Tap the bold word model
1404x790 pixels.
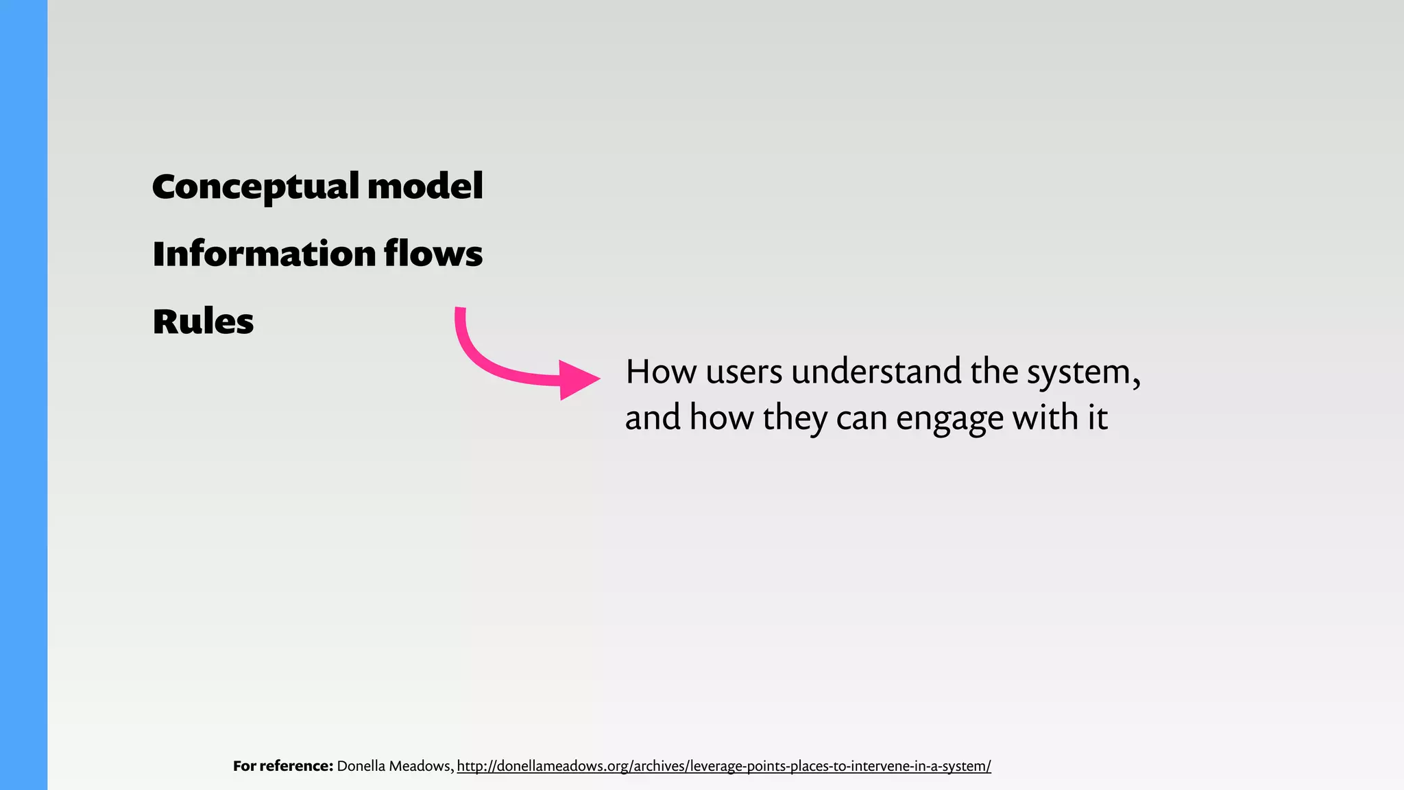(425, 187)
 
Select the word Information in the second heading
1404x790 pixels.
(264, 254)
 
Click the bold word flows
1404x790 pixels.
(433, 254)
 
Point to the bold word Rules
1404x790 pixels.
(203, 322)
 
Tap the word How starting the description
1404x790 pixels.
(661, 372)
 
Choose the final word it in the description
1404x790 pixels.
(1097, 418)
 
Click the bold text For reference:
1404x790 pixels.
(283, 766)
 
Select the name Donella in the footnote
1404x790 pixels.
(361, 766)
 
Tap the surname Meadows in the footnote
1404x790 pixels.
(421, 766)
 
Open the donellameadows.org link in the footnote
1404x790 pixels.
(723, 766)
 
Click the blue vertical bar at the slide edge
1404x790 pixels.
(23, 395)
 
